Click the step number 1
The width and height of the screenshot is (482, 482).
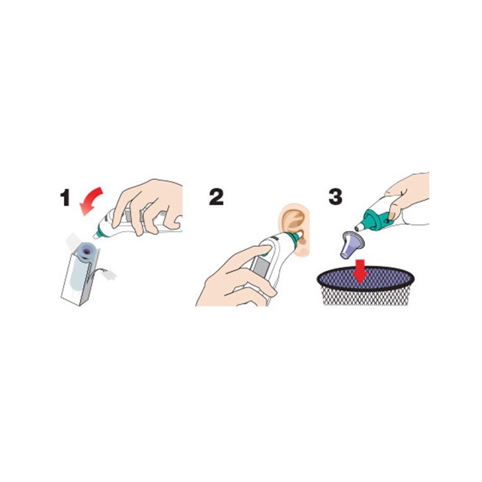click(x=65, y=198)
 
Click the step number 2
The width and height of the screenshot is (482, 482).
click(x=216, y=197)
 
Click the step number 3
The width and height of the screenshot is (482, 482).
click(x=335, y=197)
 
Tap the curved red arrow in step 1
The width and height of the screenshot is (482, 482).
click(x=92, y=200)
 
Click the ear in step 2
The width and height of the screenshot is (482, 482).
click(x=294, y=229)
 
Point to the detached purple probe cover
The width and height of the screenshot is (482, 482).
click(x=352, y=244)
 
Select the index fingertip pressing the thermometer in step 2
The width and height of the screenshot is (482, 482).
click(x=265, y=250)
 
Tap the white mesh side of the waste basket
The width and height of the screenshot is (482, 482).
click(x=366, y=297)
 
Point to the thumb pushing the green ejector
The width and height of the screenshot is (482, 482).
click(x=396, y=212)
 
